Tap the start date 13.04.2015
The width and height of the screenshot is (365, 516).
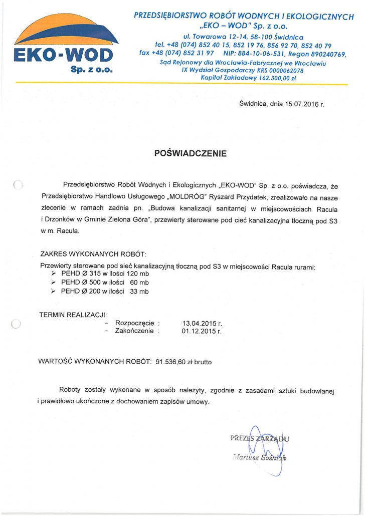(202, 323)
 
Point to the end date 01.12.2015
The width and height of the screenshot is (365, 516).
(202, 331)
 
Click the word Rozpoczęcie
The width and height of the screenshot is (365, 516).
(135, 323)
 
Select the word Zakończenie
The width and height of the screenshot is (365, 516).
(135, 331)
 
